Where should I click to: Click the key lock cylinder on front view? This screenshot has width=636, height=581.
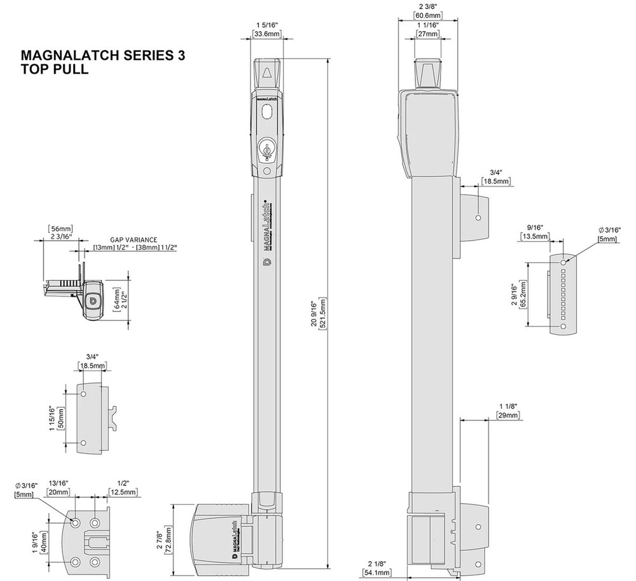pos(267,150)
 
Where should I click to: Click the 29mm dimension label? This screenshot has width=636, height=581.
pos(509,415)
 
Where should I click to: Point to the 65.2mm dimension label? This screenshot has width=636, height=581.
pos(523,296)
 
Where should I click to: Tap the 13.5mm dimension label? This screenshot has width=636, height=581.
pos(534,237)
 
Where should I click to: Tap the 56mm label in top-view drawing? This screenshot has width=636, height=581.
pos(60,228)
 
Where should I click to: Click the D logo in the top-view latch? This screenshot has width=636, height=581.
pos(92,300)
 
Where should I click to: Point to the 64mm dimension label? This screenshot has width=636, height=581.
pos(116,297)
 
